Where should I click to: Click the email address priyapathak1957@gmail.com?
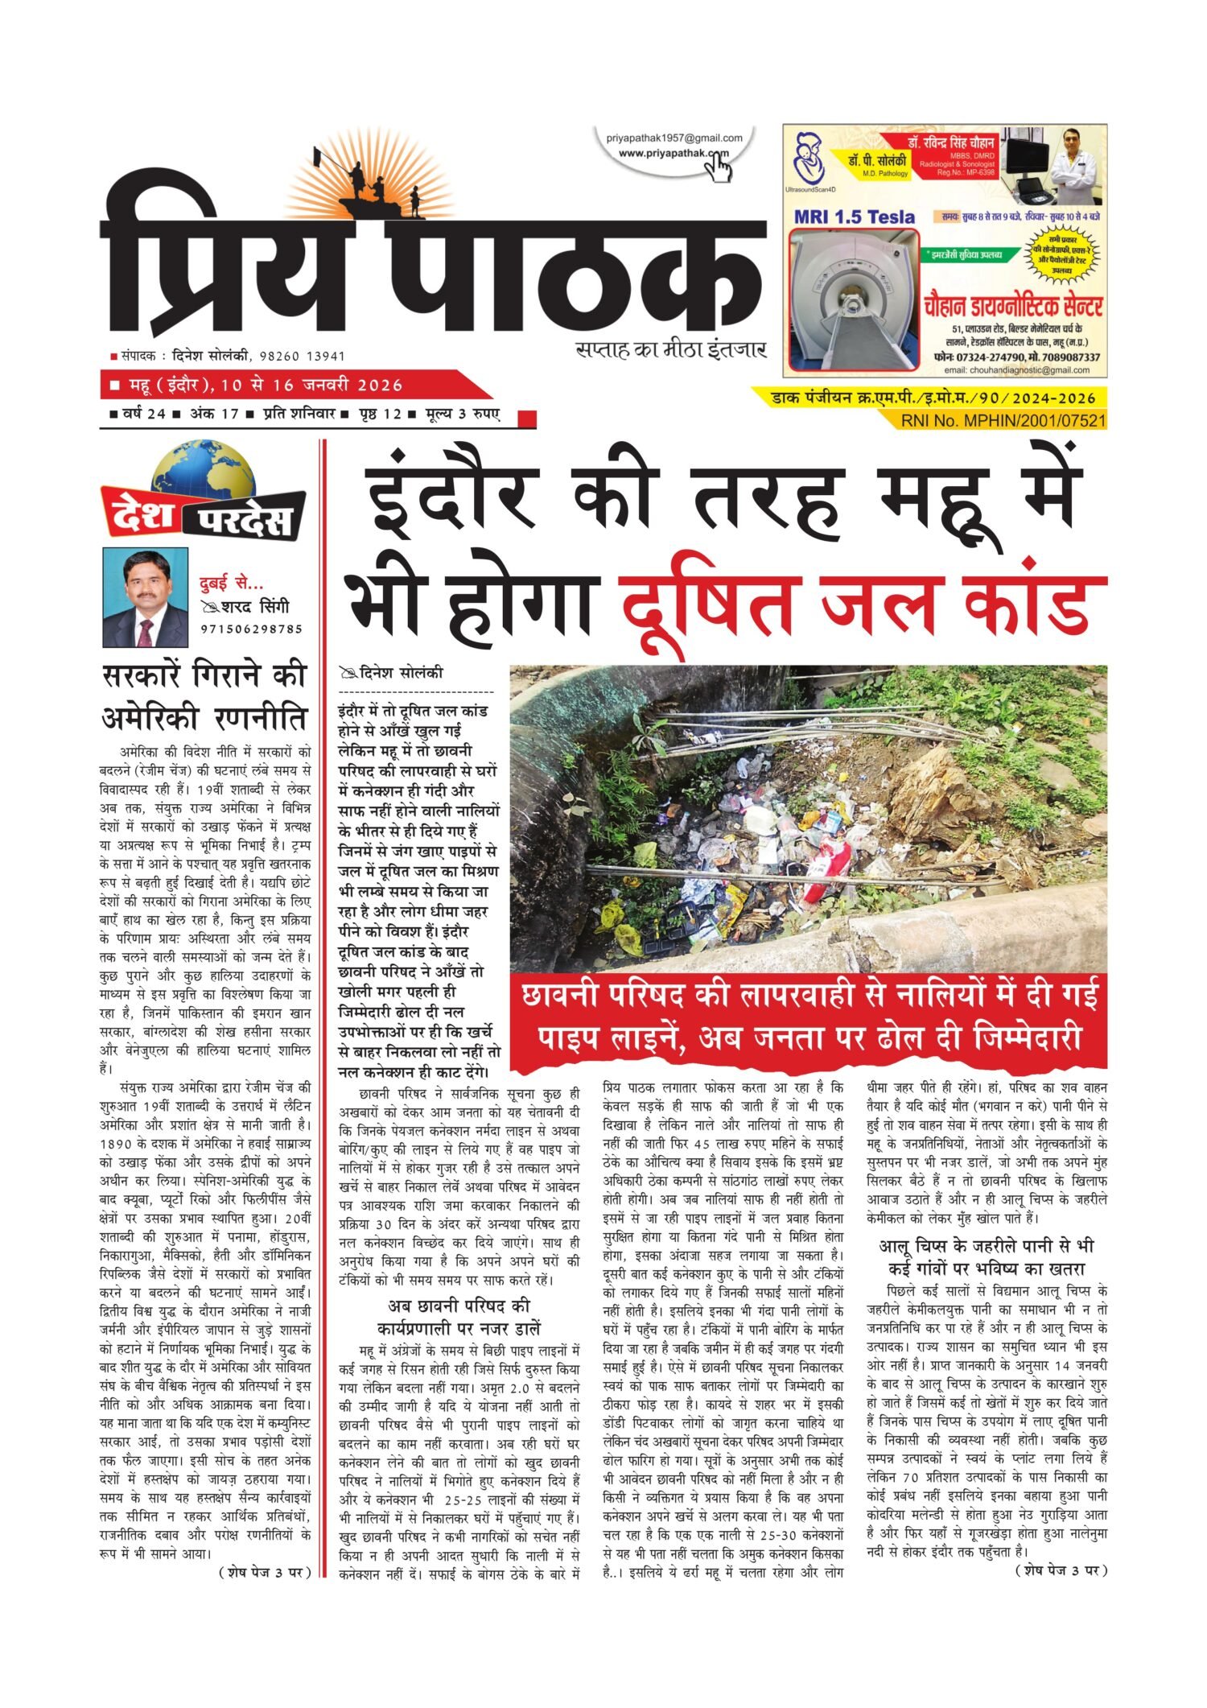[674, 138]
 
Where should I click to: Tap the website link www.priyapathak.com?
[672, 153]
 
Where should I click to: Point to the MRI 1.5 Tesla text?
[855, 217]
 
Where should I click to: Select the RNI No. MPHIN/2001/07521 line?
[1003, 420]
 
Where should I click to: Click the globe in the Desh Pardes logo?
[202, 475]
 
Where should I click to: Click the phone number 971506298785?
[252, 629]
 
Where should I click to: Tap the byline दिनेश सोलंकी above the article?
[401, 673]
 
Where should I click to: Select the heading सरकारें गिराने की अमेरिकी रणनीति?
[205, 695]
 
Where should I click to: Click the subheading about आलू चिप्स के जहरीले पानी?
[987, 1256]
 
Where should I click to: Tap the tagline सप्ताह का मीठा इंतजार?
[670, 350]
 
